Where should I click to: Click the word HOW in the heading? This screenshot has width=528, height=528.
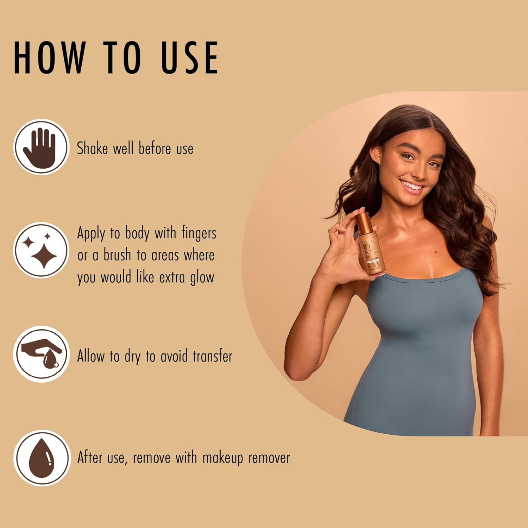tap(50, 57)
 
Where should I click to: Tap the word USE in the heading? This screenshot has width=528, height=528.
tap(190, 57)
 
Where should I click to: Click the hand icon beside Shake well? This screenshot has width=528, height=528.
tap(41, 147)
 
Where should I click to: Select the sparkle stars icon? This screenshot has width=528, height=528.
tap(41, 250)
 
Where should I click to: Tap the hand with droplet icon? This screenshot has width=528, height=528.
tap(41, 354)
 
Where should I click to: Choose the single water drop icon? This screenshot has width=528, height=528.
tap(41, 458)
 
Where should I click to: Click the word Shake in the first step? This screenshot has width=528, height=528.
tap(92, 148)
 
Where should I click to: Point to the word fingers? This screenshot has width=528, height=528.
tap(199, 233)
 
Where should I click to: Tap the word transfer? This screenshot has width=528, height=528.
tap(212, 356)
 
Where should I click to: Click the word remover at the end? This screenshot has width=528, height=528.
tap(269, 458)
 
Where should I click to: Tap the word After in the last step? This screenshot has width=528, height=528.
tap(90, 458)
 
